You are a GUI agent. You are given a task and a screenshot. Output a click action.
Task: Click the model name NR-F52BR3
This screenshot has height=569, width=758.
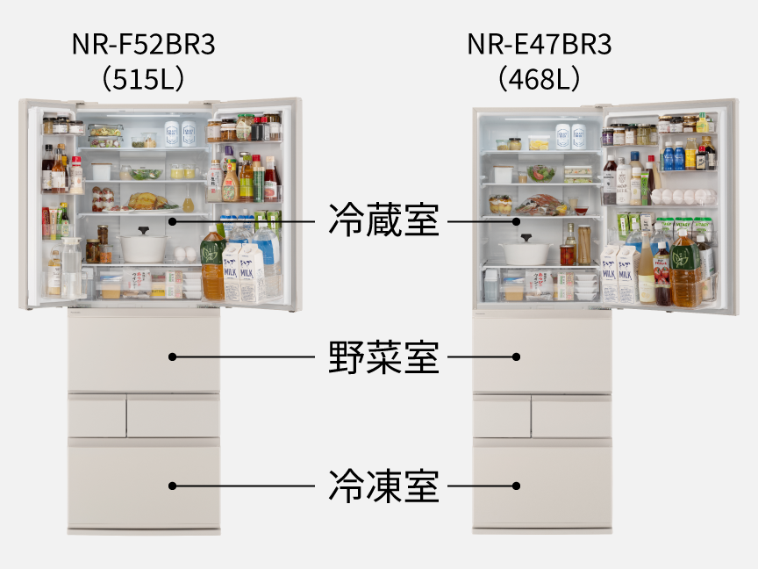[144, 44]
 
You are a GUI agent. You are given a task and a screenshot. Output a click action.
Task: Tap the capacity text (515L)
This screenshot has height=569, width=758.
[144, 79]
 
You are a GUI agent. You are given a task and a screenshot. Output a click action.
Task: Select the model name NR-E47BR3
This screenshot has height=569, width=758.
[539, 44]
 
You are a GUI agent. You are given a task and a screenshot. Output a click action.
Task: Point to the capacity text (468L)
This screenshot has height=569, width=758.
[539, 79]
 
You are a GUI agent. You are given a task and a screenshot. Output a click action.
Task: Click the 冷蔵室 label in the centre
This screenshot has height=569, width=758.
[384, 220]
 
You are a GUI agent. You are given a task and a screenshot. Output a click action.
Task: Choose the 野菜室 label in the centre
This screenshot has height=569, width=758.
[384, 357]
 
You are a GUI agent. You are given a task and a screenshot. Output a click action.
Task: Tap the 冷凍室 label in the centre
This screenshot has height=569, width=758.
[384, 486]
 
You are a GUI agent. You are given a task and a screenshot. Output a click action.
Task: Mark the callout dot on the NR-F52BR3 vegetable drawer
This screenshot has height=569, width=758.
[173, 357]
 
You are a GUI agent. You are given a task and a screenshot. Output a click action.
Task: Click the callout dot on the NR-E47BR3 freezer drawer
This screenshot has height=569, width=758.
[516, 486]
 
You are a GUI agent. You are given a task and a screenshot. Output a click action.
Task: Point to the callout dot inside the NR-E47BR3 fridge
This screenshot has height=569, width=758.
[516, 221]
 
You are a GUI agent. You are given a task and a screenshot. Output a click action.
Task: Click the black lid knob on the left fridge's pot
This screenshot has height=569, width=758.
[143, 230]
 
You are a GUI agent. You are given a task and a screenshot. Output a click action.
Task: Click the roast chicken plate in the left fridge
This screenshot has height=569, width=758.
[143, 203]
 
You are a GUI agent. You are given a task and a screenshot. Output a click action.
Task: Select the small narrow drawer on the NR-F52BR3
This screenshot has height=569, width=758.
[97, 416]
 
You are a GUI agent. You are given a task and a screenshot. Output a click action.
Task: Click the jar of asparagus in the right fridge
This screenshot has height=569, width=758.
[584, 245]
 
